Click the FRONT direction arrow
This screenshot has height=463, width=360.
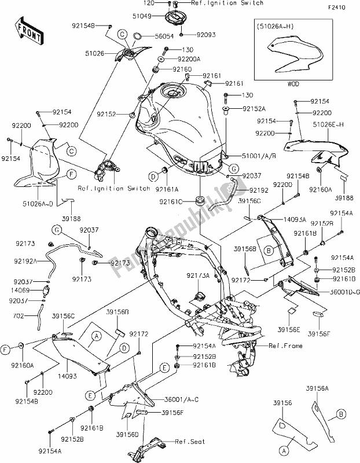coord(28,32)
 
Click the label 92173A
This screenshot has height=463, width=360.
coord(199,276)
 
